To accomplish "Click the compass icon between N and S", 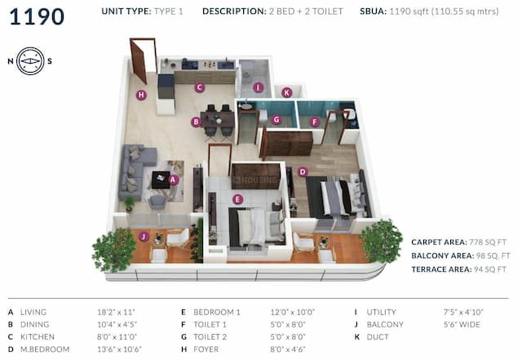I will point(30,61).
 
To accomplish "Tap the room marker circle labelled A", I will point(173,180).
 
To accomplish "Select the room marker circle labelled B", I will point(196,122).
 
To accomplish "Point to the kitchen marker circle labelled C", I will point(200,87).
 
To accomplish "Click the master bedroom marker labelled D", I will point(303,172).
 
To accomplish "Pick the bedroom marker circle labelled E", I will point(237,198).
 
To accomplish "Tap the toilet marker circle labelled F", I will point(315,122).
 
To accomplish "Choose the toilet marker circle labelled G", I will point(276,120).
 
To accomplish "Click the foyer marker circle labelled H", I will point(141,95).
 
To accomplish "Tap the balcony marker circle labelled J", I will point(144,237).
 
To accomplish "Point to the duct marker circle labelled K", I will point(286,92).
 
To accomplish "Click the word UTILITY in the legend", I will point(380,312).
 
